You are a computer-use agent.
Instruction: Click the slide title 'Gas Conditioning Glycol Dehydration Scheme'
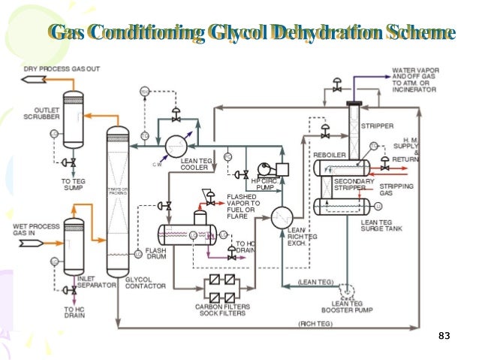tap(251, 32)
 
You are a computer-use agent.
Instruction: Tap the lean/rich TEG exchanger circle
tap(281, 218)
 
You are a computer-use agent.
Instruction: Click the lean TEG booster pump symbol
tap(347, 289)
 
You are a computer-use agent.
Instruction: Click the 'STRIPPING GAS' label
tap(395, 189)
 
